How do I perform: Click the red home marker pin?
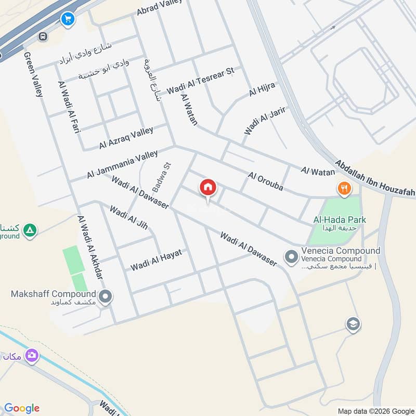pyautogui.click(x=208, y=187)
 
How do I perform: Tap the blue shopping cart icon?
pyautogui.click(x=67, y=20)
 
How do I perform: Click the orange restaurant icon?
pyautogui.click(x=343, y=189)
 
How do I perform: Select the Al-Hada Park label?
pyautogui.click(x=339, y=220)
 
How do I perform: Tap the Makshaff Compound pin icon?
pyautogui.click(x=106, y=297)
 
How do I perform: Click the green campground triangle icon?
pyautogui.click(x=30, y=229)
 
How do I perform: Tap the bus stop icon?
pyautogui.click(x=43, y=36)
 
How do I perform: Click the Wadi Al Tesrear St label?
pyautogui.click(x=200, y=81)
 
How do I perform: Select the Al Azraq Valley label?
pyautogui.click(x=126, y=138)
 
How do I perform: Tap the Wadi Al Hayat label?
pyautogui.click(x=156, y=259)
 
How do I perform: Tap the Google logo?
pyautogui.click(x=22, y=408)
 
